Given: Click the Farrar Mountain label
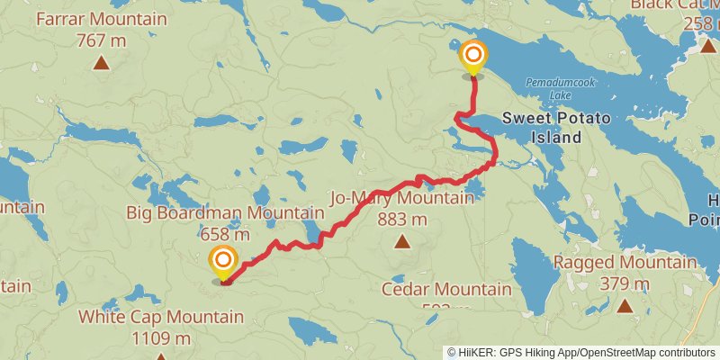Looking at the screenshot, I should (x=102, y=19).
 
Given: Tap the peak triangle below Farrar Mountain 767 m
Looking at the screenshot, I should (x=102, y=62).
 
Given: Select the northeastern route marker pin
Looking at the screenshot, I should (x=472, y=59).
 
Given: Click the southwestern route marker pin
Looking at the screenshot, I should (x=222, y=264).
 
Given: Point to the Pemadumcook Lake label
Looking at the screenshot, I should (x=556, y=86).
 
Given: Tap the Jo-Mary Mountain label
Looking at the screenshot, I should (x=402, y=198).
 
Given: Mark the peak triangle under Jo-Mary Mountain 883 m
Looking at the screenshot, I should (x=402, y=241).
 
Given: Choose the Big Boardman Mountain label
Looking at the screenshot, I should (x=225, y=213).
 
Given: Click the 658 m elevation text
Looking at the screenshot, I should (x=225, y=234).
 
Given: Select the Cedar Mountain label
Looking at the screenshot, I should (x=446, y=290).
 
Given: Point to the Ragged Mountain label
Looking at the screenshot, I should (x=625, y=263).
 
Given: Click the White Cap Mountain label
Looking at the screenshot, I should (x=160, y=317).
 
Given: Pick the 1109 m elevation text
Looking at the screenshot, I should (x=160, y=338).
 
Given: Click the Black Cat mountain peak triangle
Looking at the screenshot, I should (x=707, y=45).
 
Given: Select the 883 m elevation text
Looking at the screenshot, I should (x=402, y=220).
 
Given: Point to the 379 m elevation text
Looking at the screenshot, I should (x=625, y=284).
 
